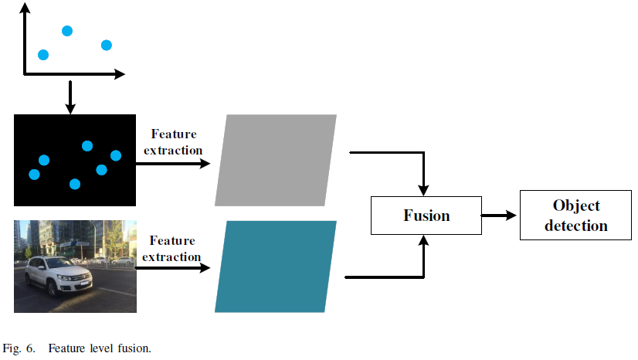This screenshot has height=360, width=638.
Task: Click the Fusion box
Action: (x=426, y=215)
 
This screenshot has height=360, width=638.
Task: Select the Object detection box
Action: (x=575, y=216)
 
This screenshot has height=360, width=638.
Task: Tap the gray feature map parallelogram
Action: (x=276, y=160)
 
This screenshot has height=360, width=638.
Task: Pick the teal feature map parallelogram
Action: (x=276, y=267)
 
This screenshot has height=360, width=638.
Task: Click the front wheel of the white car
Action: (x=52, y=287)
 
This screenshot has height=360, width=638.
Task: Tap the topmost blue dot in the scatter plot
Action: (x=67, y=31)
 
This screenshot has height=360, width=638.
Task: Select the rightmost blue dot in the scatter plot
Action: (x=106, y=45)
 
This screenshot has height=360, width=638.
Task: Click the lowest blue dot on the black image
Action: (x=75, y=184)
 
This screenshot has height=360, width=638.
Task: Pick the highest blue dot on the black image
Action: (x=87, y=146)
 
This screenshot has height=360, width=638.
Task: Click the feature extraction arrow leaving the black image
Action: (x=173, y=164)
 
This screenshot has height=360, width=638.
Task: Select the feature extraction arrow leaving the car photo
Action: (x=173, y=269)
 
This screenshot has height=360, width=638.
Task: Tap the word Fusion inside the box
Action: (x=426, y=215)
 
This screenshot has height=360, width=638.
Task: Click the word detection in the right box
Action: (x=575, y=226)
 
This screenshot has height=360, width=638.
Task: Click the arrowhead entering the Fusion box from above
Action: (x=423, y=189)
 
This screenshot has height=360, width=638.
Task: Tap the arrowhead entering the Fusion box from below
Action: (x=423, y=241)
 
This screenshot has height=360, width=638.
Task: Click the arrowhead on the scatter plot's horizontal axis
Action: (x=120, y=74)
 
